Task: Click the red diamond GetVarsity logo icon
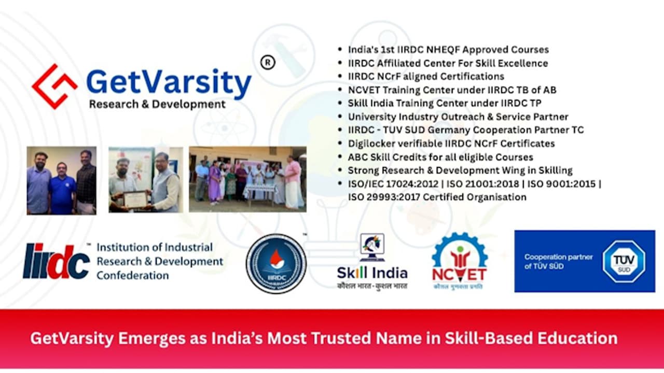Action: coord(54,86)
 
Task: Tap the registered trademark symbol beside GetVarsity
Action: coord(268,63)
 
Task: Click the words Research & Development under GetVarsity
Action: coord(157,104)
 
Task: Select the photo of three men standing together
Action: coord(61,180)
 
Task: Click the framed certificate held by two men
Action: coord(136,199)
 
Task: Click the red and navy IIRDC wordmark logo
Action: coord(57,261)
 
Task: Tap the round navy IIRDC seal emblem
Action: coord(276,263)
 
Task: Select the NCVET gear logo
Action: coord(460,261)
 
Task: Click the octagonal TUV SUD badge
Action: coord(624,261)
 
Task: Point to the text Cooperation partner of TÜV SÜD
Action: coord(551,262)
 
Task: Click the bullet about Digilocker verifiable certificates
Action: coord(451,144)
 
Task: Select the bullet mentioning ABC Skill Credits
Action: coord(440,157)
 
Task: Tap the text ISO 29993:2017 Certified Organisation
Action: coord(437,197)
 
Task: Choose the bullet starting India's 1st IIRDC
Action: coord(448,50)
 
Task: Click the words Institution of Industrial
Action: coord(155,247)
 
